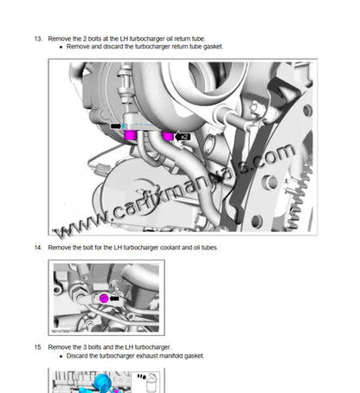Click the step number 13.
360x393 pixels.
tap(37, 40)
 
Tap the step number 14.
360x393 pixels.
tap(37, 248)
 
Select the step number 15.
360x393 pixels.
tap(37, 346)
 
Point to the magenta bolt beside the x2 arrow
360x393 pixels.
tap(167, 137)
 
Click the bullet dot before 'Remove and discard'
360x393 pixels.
tap(61, 48)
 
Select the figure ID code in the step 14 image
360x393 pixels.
tap(60, 330)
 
